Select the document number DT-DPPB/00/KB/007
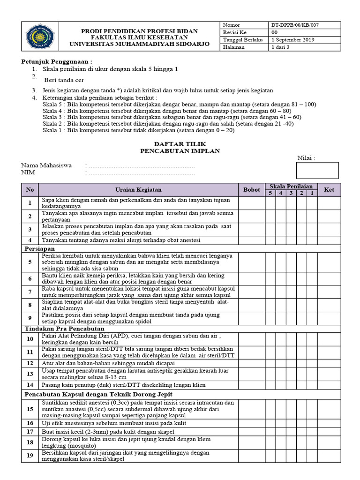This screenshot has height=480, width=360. [x=296, y=25]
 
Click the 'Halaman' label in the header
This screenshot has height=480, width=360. [x=234, y=47]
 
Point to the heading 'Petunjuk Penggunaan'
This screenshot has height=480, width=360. [x=57, y=61]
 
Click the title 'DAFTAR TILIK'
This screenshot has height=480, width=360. [x=180, y=143]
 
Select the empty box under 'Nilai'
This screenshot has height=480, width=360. [x=317, y=170]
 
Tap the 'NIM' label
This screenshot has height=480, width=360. [x=28, y=172]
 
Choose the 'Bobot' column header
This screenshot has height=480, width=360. [x=251, y=190]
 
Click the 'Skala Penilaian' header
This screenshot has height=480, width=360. [x=291, y=187]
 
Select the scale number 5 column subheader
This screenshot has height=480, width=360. [x=270, y=193]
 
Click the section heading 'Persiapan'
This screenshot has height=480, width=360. [x=40, y=248]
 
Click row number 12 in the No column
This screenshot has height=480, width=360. [x=30, y=363]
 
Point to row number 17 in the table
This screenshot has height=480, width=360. [x=30, y=431]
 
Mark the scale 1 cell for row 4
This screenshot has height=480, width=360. [x=312, y=240]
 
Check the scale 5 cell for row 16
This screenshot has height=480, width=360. [x=270, y=423]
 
